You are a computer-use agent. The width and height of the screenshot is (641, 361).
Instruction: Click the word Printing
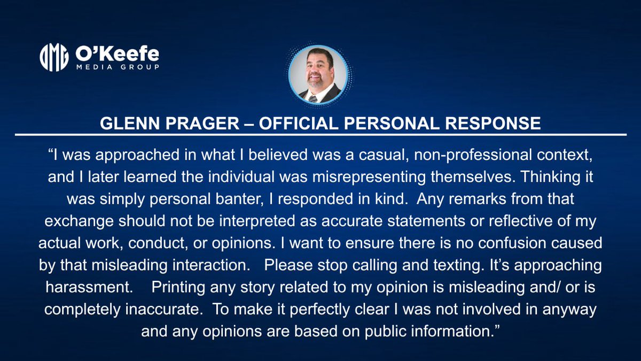pyautogui.click(x=179, y=286)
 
